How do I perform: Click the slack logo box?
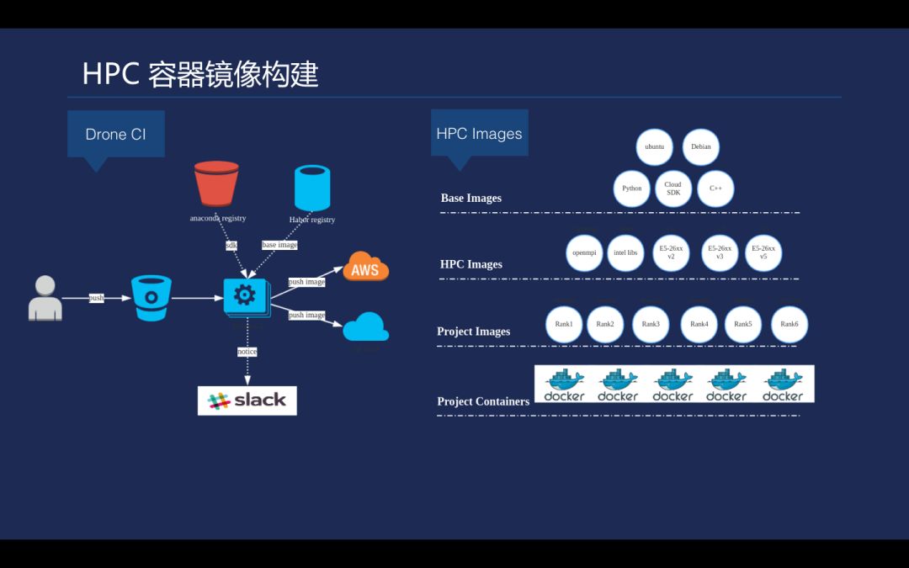click(x=247, y=400)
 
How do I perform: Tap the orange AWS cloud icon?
click(x=365, y=268)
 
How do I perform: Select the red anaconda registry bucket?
click(x=216, y=183)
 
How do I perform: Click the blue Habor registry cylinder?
click(x=311, y=188)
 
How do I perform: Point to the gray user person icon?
click(x=45, y=298)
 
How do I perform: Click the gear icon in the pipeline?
click(x=245, y=295)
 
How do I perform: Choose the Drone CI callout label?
click(x=116, y=134)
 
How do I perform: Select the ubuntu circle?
click(x=654, y=146)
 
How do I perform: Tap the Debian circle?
click(x=700, y=146)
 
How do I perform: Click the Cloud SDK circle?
click(x=672, y=188)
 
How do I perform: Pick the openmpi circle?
click(x=584, y=252)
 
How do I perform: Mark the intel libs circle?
click(x=625, y=252)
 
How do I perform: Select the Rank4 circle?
click(x=699, y=324)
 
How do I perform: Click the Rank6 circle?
click(x=789, y=324)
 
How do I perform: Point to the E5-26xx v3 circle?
click(x=720, y=252)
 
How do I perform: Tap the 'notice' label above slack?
click(x=247, y=352)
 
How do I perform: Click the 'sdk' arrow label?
click(x=231, y=246)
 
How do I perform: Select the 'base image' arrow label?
click(x=279, y=245)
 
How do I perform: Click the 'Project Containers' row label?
click(x=483, y=401)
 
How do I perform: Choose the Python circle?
click(x=631, y=188)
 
